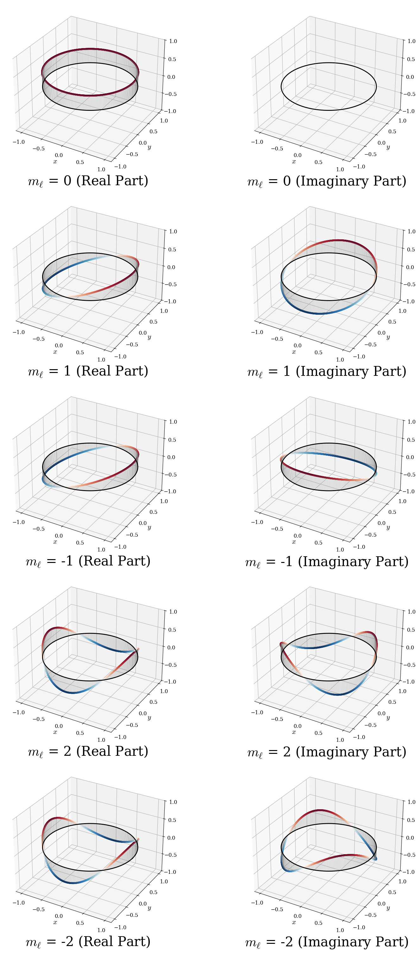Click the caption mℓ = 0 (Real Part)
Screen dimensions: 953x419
point(88,181)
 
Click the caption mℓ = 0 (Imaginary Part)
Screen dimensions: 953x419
point(327,181)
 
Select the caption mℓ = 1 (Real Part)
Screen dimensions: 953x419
point(88,371)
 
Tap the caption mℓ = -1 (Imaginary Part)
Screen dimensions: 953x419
point(327,561)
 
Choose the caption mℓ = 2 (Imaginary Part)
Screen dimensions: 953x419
point(327,751)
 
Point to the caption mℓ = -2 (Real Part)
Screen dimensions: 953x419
point(88,942)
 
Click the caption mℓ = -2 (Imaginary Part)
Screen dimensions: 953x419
point(327,942)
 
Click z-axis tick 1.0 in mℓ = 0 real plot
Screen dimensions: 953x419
point(173,41)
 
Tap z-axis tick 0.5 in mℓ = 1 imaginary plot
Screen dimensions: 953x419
point(411,249)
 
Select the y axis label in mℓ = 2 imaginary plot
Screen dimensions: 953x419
point(388,718)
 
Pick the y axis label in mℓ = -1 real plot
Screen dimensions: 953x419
point(149,527)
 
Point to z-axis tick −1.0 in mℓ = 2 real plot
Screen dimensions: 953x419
point(170,681)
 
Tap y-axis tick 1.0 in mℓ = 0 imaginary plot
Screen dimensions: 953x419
point(402,121)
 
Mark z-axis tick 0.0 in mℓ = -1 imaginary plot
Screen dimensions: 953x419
point(410,457)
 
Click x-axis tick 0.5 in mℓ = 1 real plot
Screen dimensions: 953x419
point(80,352)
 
